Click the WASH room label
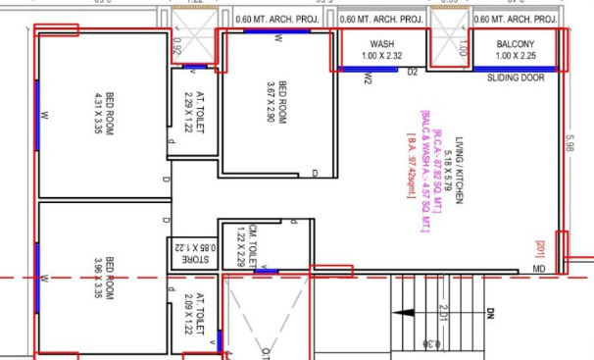point(381,45)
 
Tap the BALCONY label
point(516,45)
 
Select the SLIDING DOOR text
point(516,77)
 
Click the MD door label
point(539,268)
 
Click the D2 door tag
point(413,72)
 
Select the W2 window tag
point(367,79)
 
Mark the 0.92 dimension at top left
point(177,44)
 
